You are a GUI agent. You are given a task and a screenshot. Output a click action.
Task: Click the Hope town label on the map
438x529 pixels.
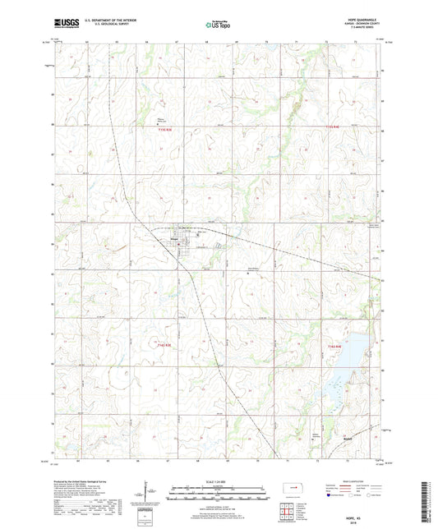pos(174,240)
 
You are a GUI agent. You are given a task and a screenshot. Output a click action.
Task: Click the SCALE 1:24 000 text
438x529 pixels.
pos(219,481)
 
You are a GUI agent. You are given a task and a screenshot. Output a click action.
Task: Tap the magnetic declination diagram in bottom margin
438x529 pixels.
pos(152,497)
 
